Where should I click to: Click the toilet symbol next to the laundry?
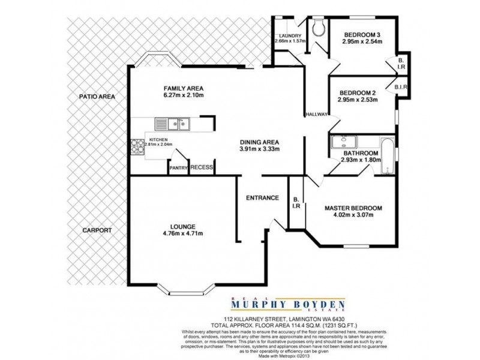click(317, 27)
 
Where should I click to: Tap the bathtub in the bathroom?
click(387, 152)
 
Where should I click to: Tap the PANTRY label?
click(179, 168)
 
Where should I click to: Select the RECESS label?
click(202, 167)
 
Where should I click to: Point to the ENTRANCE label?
click(263, 197)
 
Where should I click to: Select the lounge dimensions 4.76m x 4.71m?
click(182, 235)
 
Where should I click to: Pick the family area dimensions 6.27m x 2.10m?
click(185, 95)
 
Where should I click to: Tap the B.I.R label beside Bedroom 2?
click(401, 88)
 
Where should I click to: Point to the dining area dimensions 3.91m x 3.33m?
click(259, 149)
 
